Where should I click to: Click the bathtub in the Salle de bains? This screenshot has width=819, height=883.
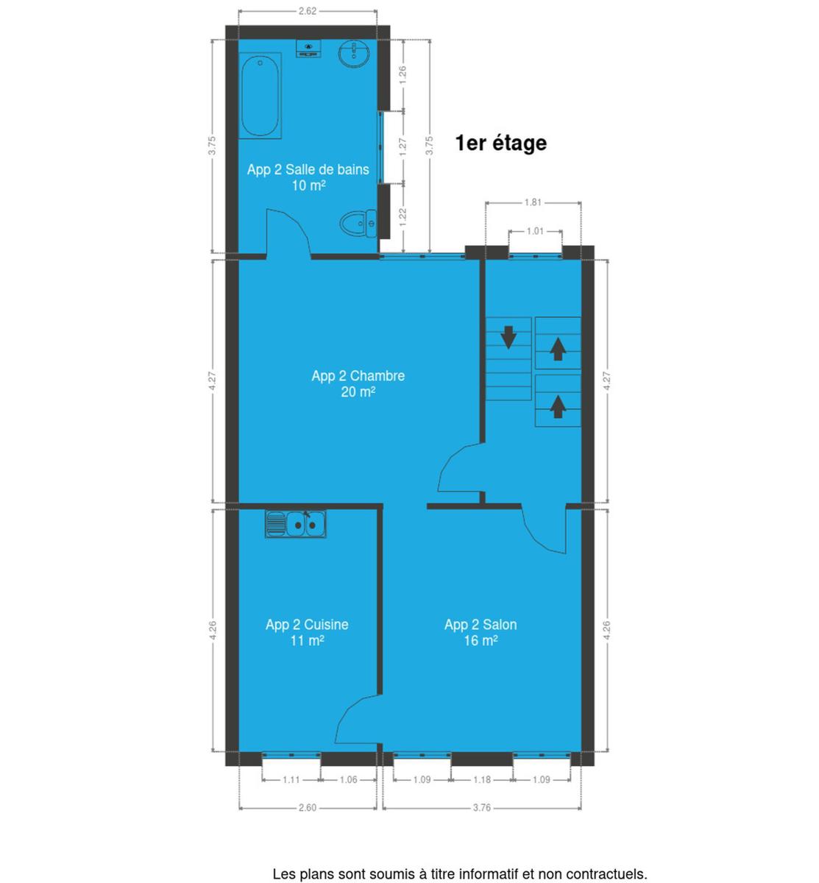[x=260, y=96]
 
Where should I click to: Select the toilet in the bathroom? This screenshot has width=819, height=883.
[x=359, y=223]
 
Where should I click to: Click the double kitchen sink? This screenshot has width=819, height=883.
[x=295, y=524]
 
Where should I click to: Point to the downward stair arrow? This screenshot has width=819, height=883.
[x=508, y=337]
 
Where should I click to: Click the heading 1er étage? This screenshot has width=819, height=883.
[x=501, y=143]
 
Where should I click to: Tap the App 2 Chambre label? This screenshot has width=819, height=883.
[x=358, y=376]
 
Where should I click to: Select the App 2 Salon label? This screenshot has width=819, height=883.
[x=481, y=625]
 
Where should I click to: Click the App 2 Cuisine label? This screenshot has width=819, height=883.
[x=307, y=625]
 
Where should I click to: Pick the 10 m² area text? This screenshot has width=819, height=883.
[x=308, y=185]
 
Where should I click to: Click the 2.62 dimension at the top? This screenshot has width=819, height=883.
[x=308, y=11]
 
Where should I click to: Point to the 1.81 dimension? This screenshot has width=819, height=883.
[x=533, y=203]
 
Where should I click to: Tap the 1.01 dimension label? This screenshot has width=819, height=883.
[x=535, y=231]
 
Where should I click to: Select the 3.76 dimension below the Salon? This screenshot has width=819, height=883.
[x=481, y=807]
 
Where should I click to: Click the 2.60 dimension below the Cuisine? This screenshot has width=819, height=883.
[x=308, y=807]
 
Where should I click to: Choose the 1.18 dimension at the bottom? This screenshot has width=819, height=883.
[x=481, y=779]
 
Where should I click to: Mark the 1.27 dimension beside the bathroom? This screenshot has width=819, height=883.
[x=403, y=146]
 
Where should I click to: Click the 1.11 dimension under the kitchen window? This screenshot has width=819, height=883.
[x=291, y=779]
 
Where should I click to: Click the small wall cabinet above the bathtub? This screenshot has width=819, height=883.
[x=308, y=49]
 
